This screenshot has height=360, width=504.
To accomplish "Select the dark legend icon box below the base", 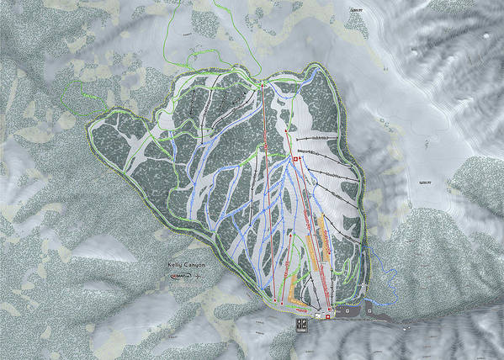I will tap(302, 322).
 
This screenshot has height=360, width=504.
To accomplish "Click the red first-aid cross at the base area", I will tap(328, 316).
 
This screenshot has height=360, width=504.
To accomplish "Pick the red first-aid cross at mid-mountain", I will tap(296, 158).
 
